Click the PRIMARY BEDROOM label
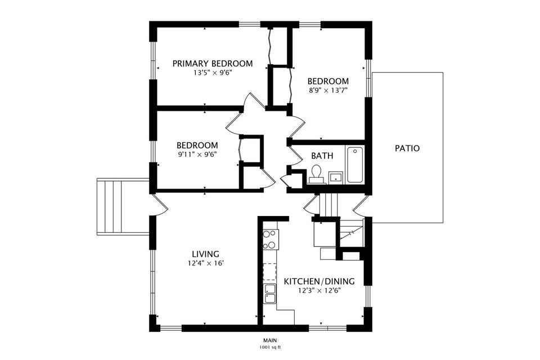212,64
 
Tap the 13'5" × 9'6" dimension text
212,73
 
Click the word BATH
322,156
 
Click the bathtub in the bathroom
355,164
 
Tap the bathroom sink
336,177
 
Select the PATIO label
407,148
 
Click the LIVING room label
205,254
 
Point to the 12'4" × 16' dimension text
205,263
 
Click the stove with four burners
271,238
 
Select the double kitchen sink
271,294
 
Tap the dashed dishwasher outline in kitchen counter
271,272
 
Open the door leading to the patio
361,206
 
